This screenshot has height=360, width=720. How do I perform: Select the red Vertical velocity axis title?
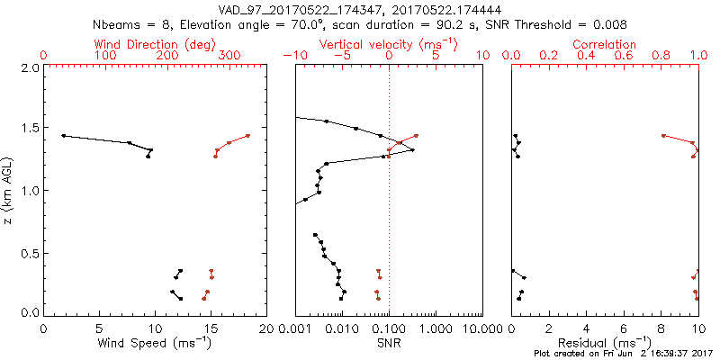tap(388, 44)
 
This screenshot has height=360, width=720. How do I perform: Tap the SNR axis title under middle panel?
tap(388, 343)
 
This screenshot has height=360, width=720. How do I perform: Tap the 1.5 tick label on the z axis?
tap(29, 129)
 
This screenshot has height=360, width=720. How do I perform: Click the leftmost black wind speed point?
tap(63, 136)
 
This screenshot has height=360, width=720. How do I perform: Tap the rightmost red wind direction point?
tap(247, 136)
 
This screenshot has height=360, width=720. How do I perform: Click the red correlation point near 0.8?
tap(663, 136)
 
